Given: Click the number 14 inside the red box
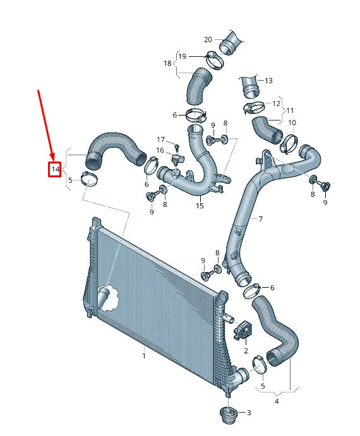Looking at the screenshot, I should click(x=56, y=169).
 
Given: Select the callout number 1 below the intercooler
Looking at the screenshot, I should click(x=143, y=356).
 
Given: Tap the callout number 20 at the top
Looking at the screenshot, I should click(x=208, y=39).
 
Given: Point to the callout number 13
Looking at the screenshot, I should click(x=268, y=81).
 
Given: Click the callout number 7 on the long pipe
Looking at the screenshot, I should click(x=259, y=219).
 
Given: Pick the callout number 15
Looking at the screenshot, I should click(x=200, y=206).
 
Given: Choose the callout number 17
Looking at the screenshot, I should click(x=160, y=139).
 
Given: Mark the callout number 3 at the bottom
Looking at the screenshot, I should click(x=248, y=413).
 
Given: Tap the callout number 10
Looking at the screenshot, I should click(x=291, y=122).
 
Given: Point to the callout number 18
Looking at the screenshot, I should click(x=167, y=64).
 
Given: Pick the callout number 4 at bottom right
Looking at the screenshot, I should click(x=277, y=401).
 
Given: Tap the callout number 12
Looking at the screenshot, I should click(x=276, y=103).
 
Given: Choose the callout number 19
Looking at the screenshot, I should click(x=182, y=56).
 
